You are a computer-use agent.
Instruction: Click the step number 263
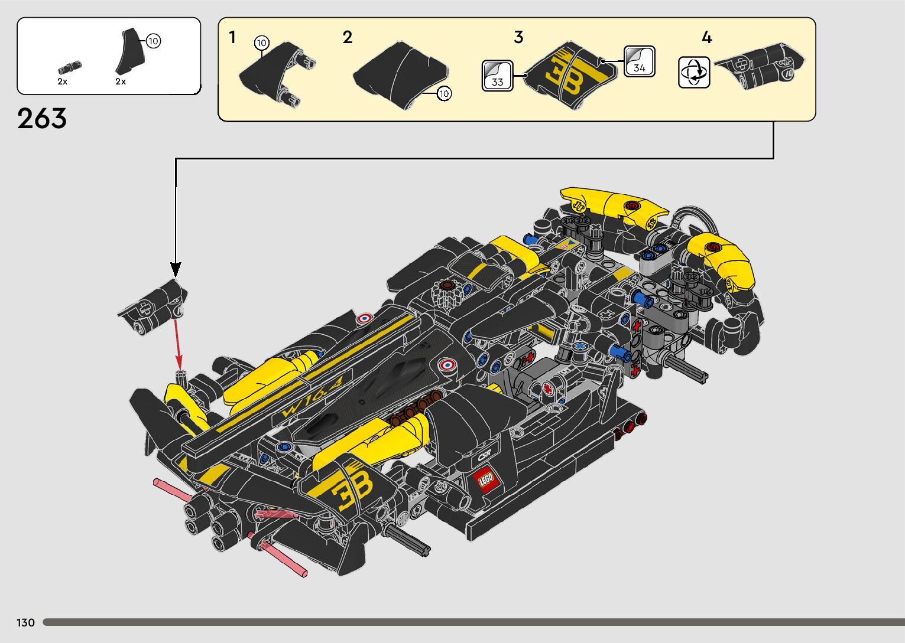tap(41, 119)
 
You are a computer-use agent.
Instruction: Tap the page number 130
tap(25, 622)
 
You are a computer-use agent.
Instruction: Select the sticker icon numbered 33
tap(497, 76)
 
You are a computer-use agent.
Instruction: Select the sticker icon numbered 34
tap(639, 61)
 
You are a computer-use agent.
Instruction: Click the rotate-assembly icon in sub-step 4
tap(694, 72)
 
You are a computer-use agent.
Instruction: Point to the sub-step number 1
tap(232, 37)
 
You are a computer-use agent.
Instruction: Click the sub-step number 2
tap(347, 37)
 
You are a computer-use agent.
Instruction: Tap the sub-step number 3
tap(518, 37)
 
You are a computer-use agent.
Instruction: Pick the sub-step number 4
tap(706, 37)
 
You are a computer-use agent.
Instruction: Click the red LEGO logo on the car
tap(486, 479)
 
